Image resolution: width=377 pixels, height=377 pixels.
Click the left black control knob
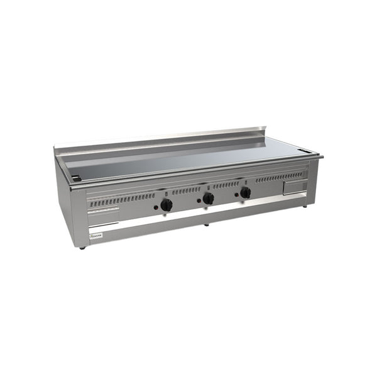pos(166,205)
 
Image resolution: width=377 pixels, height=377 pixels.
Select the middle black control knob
pos(208,199)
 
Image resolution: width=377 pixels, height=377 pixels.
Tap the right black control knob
pos(245,192)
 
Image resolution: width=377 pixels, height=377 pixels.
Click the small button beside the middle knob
pos(197,200)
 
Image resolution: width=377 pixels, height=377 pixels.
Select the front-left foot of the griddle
pos(82,248)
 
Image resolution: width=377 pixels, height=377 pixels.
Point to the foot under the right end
pos(305,205)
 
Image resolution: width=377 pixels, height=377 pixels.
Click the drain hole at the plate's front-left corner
pos(75,178)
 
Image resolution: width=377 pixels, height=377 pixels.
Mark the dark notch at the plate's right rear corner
pos(305,151)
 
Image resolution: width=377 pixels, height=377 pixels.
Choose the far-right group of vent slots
pos(278,178)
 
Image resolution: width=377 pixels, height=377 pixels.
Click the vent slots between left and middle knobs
pos(186,190)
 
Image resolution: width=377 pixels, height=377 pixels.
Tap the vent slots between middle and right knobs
pos(226,185)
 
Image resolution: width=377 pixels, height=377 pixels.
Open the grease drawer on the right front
pos(295,187)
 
